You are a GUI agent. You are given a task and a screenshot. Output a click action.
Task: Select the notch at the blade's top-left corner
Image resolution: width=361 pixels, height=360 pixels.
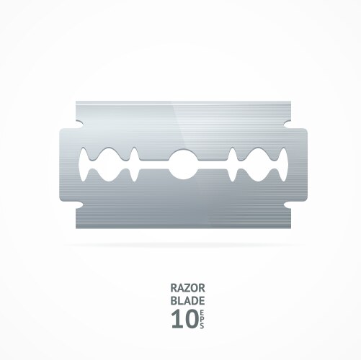79,123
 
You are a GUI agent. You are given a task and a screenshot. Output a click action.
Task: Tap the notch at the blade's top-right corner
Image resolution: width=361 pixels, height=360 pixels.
282,123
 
